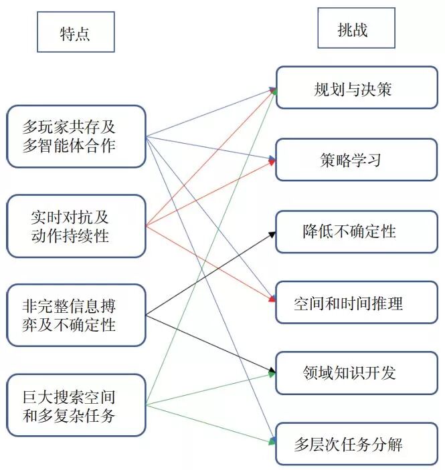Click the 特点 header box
point(76,31)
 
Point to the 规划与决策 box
point(356,88)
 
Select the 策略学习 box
point(356,159)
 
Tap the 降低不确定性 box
point(356,231)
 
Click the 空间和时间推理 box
point(356,303)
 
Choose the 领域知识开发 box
point(356,372)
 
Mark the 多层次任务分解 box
point(356,443)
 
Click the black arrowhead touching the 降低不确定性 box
point(272,233)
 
